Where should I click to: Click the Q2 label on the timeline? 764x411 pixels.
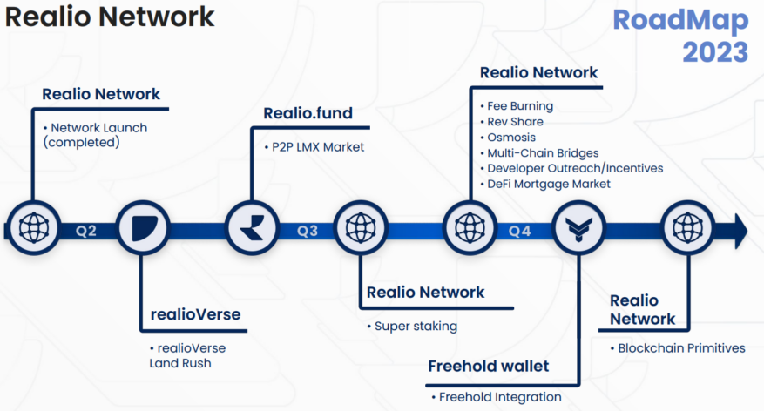click(x=85, y=231)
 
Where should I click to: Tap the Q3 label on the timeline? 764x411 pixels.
click(x=307, y=231)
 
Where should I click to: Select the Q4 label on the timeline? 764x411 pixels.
click(x=519, y=231)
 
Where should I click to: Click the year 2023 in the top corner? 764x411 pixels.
click(x=714, y=51)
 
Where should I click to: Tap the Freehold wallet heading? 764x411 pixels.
click(x=488, y=366)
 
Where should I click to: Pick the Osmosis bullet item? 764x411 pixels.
click(x=515, y=137)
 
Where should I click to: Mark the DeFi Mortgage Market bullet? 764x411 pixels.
click(x=552, y=184)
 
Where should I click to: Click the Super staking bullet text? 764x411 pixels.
click(x=416, y=326)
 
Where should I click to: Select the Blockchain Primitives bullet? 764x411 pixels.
click(x=681, y=347)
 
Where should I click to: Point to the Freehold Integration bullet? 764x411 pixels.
click(x=499, y=396)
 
